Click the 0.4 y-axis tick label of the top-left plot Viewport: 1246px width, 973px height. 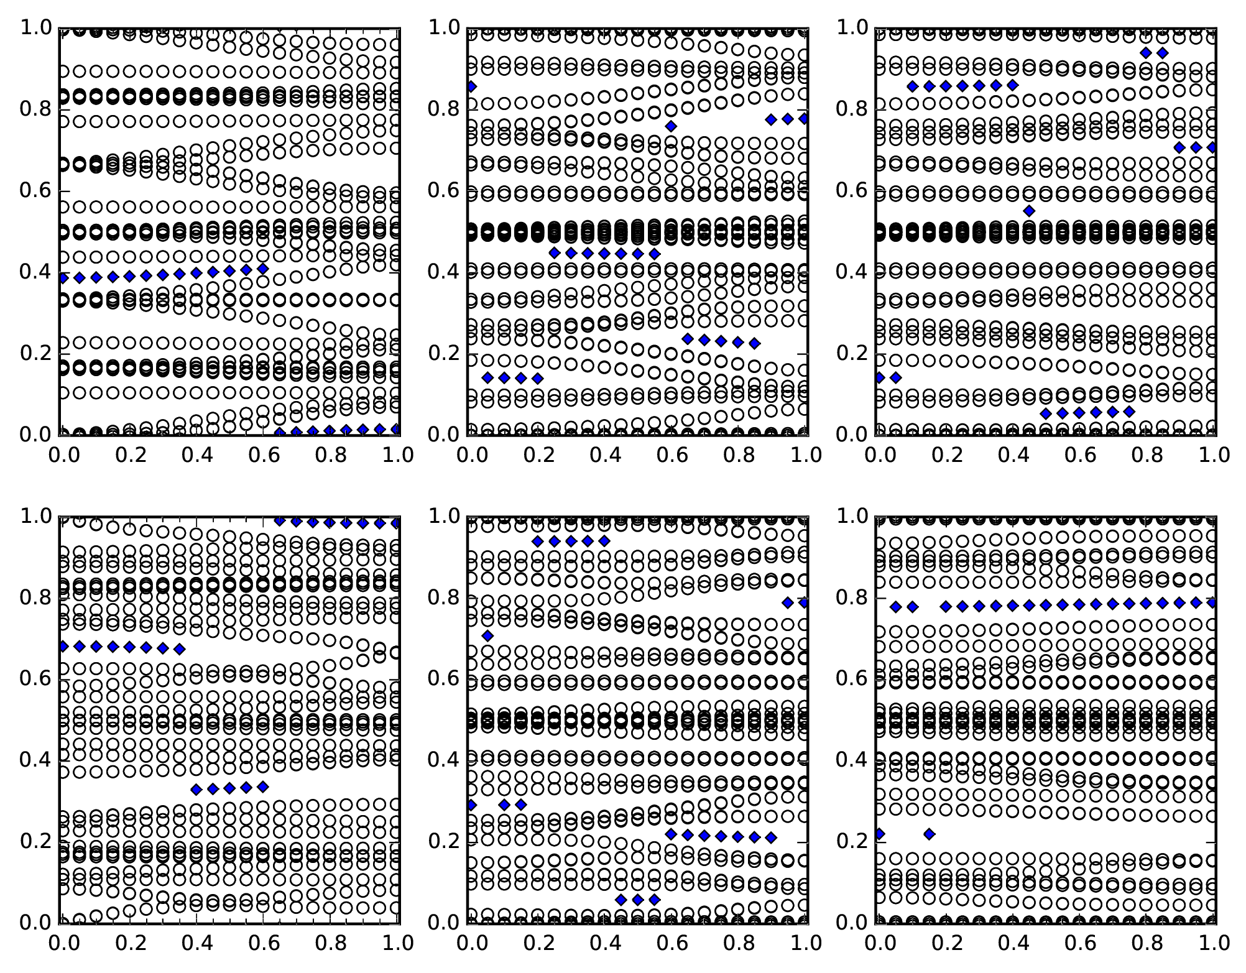(x=34, y=272)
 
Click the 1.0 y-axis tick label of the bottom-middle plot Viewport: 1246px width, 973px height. (x=443, y=516)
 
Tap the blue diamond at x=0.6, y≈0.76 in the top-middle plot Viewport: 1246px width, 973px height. (x=671, y=126)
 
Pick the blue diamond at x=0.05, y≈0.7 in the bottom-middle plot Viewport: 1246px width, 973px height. (x=488, y=635)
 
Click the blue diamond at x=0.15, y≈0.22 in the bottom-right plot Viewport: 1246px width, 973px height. (x=929, y=834)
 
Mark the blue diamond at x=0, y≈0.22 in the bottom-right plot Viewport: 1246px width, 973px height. (x=879, y=834)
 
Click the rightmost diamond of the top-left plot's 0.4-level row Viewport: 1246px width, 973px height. (x=263, y=269)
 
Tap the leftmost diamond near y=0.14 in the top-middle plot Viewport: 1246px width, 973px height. (x=488, y=378)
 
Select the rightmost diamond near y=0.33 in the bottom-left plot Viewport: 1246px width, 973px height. (x=263, y=786)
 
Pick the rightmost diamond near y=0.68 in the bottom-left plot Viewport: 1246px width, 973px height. (x=180, y=649)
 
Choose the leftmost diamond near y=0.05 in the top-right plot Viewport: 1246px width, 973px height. (x=1046, y=413)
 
